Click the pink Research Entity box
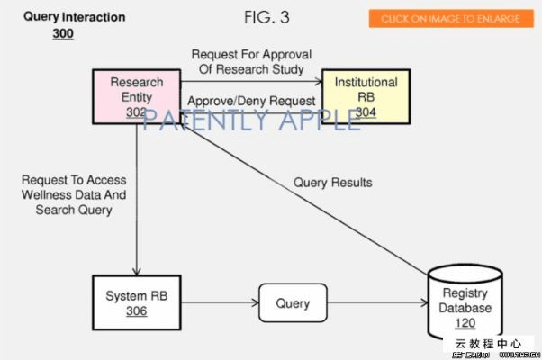coord(137,96)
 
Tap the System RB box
coord(137,302)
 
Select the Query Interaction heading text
coord(74,17)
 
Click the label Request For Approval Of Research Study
coord(251,61)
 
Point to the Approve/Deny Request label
coord(251,101)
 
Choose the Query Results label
coord(332,183)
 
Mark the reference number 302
coord(137,112)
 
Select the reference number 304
coord(366,112)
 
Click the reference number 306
coord(137,311)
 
